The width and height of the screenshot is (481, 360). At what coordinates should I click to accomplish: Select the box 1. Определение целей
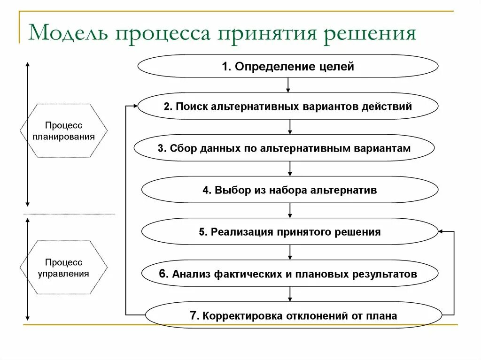click(288, 66)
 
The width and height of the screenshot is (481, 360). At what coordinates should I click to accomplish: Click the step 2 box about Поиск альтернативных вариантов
click(288, 106)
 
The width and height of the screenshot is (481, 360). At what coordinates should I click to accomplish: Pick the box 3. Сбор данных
click(284, 148)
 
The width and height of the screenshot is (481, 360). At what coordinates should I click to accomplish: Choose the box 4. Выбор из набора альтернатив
click(290, 190)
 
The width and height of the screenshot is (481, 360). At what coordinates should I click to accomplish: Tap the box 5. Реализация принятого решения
click(290, 231)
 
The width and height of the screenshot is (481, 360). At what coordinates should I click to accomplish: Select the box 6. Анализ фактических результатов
click(290, 274)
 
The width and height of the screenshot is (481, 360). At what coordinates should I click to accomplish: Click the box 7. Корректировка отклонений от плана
click(294, 315)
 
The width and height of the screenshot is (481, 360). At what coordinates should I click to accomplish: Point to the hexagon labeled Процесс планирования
click(63, 131)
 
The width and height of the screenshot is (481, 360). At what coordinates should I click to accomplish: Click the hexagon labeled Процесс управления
click(63, 268)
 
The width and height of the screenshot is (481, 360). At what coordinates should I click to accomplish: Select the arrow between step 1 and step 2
click(288, 85)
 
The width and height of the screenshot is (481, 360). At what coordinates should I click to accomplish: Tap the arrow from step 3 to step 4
click(290, 169)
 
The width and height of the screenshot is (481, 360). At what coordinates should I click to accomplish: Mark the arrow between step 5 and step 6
click(290, 253)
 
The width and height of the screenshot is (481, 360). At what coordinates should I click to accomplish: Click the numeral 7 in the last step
click(193, 315)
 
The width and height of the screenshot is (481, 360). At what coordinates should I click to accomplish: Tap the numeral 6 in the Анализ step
click(162, 274)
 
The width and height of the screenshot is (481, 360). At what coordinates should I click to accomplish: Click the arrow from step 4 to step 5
click(290, 211)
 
